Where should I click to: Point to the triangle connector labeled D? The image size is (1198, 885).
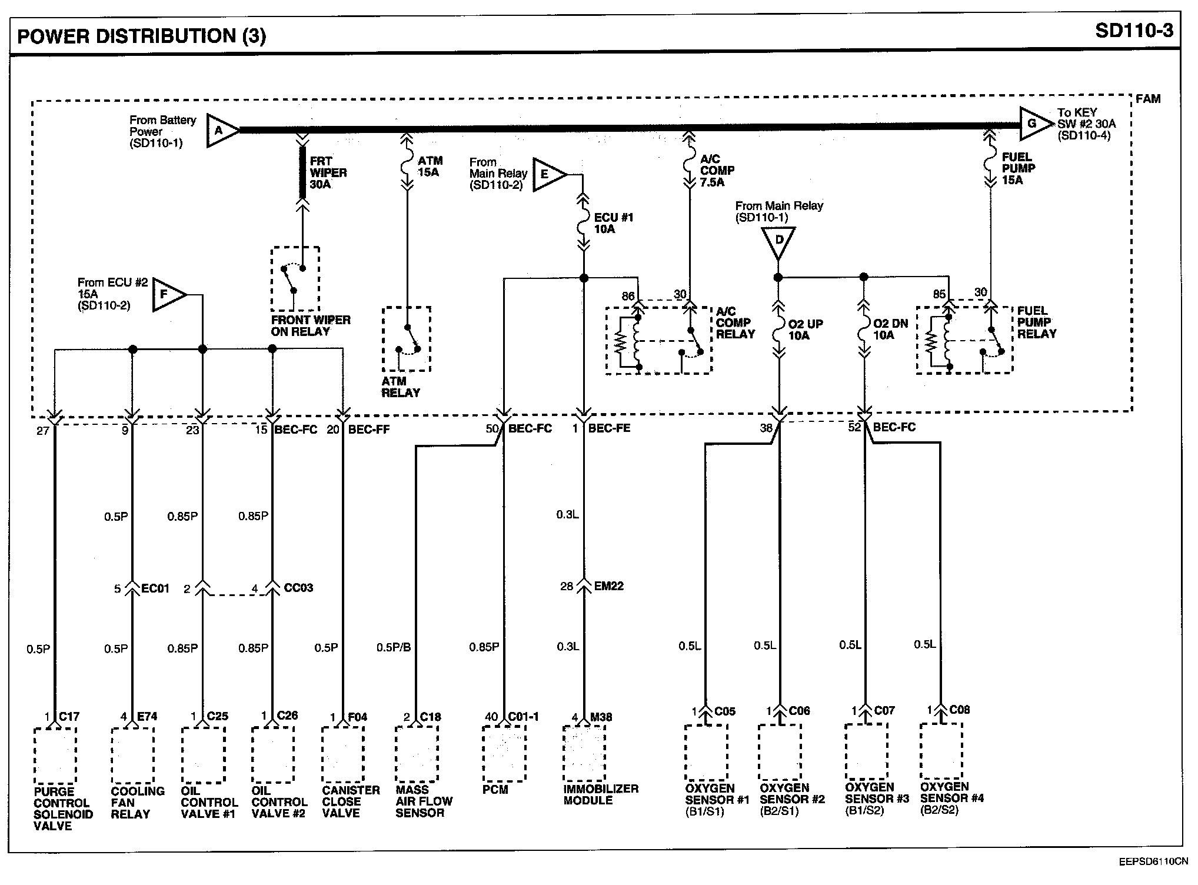coord(778,242)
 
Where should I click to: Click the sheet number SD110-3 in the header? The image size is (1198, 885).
coord(1134,31)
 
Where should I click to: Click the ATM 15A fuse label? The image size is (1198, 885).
coord(430,167)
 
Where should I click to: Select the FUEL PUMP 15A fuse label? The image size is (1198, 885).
coord(1019,168)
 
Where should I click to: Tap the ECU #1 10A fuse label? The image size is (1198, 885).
coord(614,223)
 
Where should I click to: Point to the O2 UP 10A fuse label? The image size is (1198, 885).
coord(806,330)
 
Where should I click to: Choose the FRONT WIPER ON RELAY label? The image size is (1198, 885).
coord(311,325)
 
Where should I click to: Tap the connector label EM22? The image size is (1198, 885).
coord(609,585)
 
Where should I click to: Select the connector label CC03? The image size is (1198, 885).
coord(298,587)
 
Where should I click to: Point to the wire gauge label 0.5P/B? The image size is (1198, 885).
coord(394,647)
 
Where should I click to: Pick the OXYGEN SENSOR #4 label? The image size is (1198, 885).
coord(952,798)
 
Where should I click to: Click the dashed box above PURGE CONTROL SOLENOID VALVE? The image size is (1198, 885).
coord(55,756)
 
